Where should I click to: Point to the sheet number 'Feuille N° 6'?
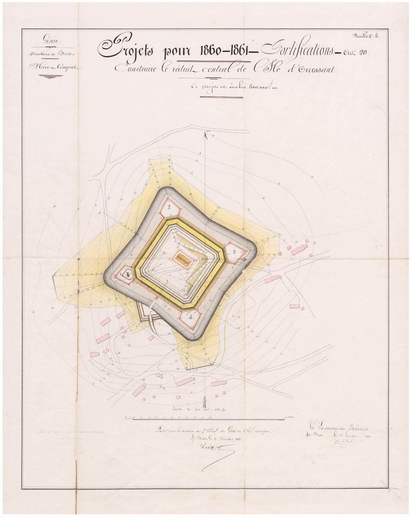(366, 35)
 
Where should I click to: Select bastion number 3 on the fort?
(234, 251)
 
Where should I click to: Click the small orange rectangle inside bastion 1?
(128, 274)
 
